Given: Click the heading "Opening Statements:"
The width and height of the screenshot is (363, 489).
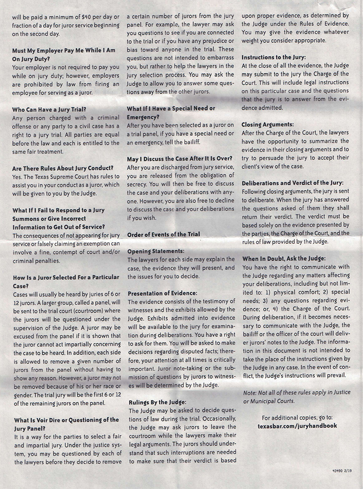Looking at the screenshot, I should (156, 251).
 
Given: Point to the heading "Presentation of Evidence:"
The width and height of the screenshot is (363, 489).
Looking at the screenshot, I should (162, 293).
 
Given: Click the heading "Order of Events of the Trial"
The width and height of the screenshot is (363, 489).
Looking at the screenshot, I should (163, 234).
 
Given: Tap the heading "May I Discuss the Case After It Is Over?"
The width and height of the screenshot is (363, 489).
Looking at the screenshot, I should (180, 158).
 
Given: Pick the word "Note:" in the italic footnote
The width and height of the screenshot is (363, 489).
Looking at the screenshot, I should (250, 392).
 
